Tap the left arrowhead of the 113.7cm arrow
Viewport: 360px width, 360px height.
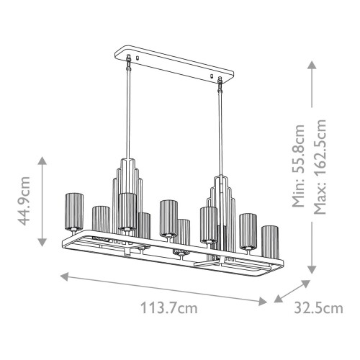(x=63, y=274)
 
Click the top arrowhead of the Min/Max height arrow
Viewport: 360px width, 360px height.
(x=311, y=63)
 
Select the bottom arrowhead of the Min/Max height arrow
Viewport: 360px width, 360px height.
(x=311, y=271)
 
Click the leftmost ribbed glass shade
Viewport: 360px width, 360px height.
(x=74, y=210)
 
